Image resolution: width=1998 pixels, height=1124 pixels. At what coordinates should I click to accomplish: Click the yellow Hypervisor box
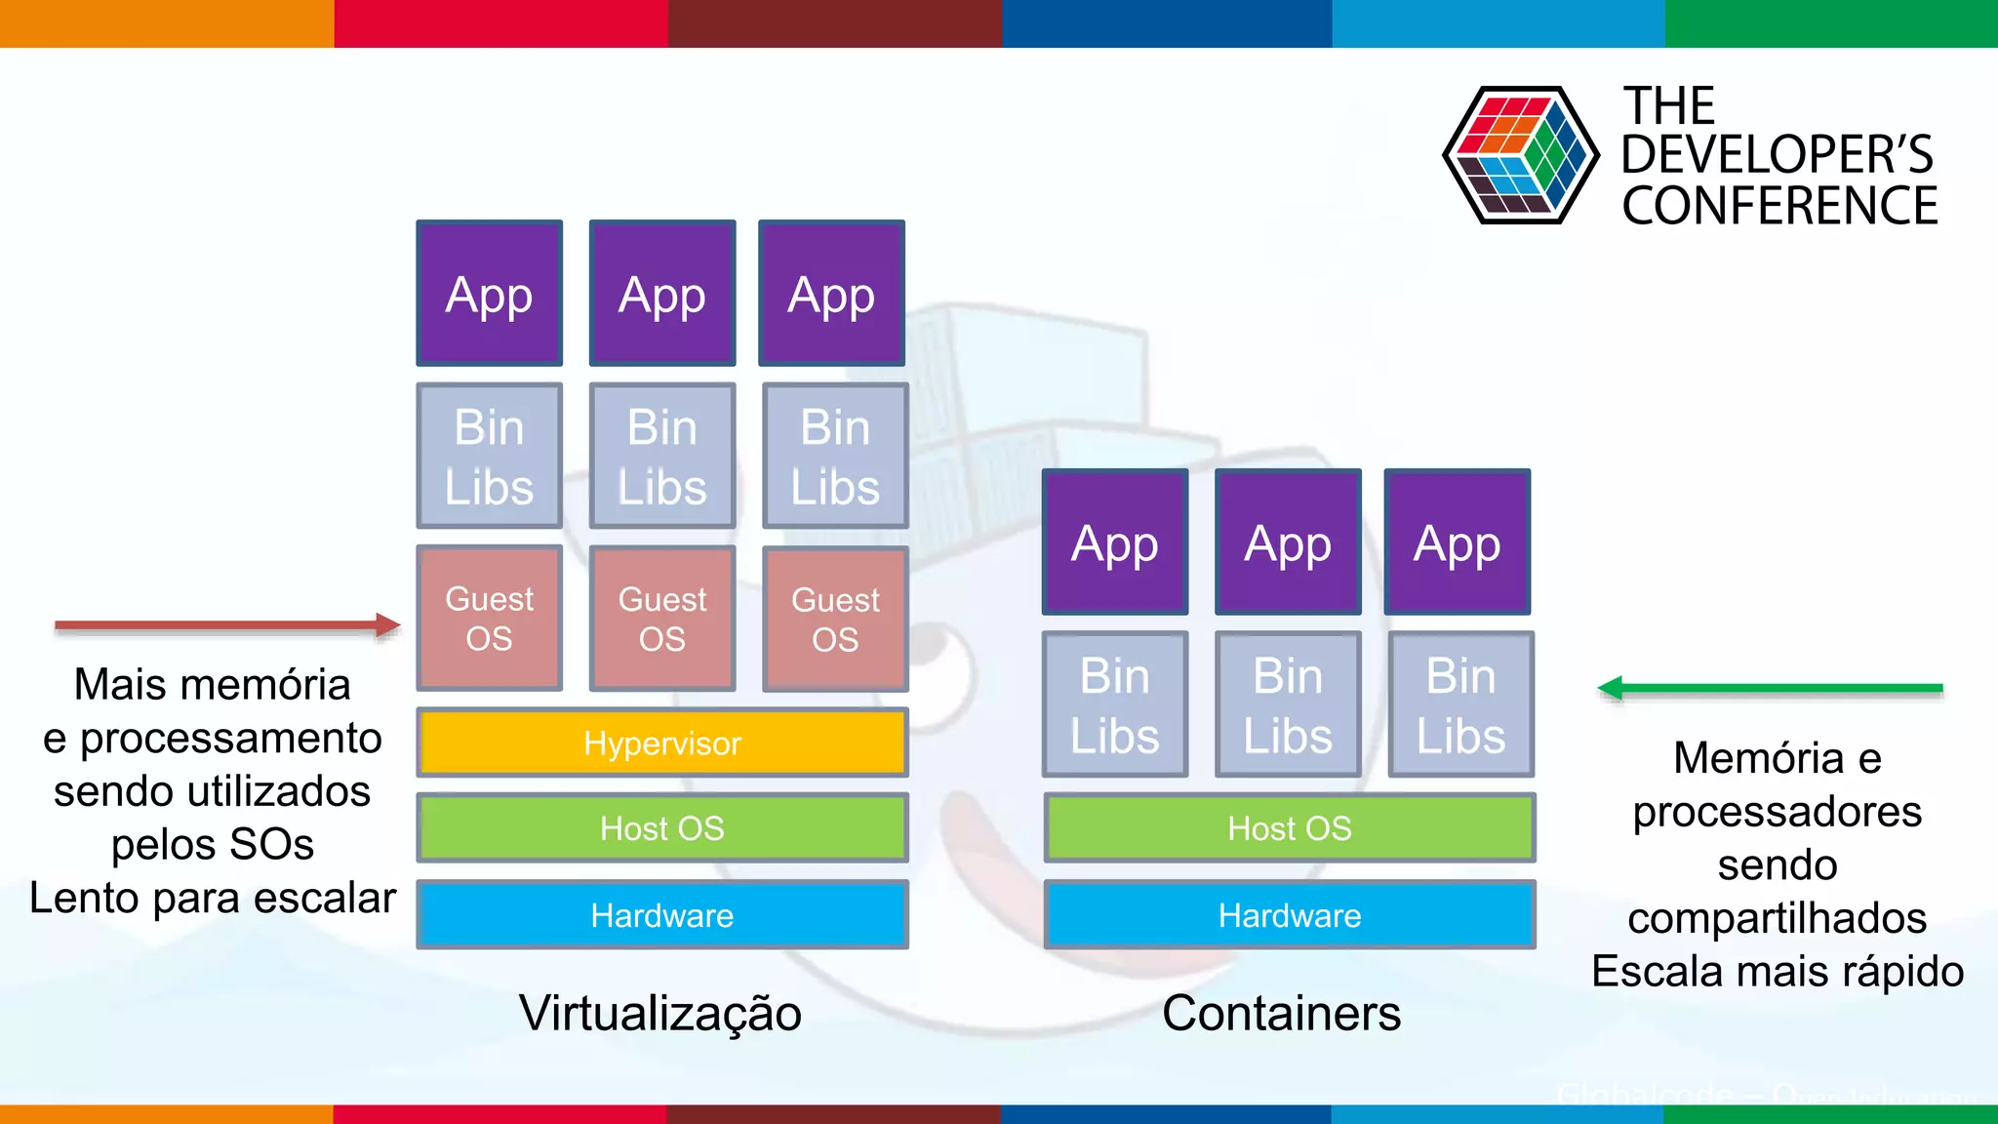point(661,743)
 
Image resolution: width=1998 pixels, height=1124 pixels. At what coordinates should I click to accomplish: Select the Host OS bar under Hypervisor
point(661,827)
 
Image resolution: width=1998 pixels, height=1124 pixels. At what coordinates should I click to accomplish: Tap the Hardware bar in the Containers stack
point(1289,914)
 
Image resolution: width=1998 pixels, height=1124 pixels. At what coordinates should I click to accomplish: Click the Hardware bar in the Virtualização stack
point(661,914)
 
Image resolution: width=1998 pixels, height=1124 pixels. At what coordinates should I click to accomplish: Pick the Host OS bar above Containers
point(1289,827)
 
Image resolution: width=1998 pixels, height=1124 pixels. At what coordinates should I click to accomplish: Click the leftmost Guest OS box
point(489,618)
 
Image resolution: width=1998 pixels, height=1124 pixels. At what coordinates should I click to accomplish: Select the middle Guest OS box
point(661,618)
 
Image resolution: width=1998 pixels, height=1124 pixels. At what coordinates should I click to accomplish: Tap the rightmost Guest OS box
point(835,618)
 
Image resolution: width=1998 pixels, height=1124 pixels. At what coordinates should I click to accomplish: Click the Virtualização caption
point(659,1013)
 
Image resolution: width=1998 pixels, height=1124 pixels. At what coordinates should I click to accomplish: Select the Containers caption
point(1281,1013)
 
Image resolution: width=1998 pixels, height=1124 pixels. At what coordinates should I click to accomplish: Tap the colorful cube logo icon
point(1519,154)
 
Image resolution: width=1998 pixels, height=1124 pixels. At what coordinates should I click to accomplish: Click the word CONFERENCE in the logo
point(1778,206)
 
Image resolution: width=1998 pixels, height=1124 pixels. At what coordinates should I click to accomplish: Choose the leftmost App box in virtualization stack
point(489,294)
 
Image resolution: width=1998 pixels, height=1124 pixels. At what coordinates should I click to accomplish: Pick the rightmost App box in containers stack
point(1457,542)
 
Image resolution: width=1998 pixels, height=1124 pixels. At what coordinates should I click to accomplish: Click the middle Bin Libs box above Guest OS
point(661,456)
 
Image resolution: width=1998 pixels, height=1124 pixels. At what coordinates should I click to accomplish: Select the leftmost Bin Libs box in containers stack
point(1114,704)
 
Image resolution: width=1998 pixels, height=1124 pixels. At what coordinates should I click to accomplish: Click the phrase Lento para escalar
point(213,898)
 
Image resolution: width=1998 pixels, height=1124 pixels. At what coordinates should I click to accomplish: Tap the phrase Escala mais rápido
point(1777,972)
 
